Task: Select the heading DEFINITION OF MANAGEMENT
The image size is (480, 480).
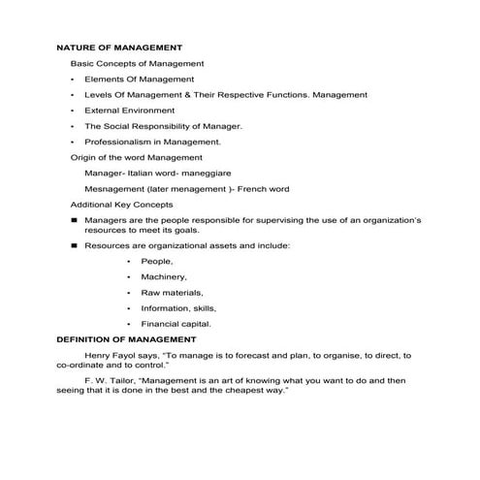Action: [126, 340]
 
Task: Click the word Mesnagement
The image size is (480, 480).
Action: [114, 189]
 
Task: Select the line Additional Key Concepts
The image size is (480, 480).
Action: [121, 205]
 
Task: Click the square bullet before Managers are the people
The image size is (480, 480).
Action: [74, 221]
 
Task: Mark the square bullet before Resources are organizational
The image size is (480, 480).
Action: [74, 246]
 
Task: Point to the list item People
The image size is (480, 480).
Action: [157, 262]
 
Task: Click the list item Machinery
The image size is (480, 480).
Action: [164, 277]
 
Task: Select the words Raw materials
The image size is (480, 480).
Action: [172, 293]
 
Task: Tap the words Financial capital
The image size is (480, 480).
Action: [176, 324]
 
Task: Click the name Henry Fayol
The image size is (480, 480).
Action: [112, 356]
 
